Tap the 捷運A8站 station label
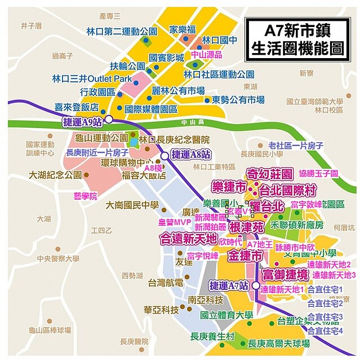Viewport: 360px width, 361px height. [x=190, y=154]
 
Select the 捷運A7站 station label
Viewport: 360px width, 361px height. [x=229, y=286]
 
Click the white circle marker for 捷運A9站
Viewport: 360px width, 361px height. [x=108, y=120]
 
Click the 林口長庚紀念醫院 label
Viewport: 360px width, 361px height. [x=174, y=139]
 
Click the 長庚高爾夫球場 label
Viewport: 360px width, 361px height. [x=279, y=343]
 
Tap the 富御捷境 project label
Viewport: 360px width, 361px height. [x=285, y=275]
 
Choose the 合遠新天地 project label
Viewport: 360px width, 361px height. [x=189, y=239]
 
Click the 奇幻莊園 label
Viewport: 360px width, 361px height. [x=271, y=174]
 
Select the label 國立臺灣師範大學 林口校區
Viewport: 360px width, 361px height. [x=314, y=105]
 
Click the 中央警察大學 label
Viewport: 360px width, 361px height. [x=57, y=259]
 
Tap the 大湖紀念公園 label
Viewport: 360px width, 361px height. [x=54, y=175]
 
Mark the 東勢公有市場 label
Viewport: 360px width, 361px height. [x=238, y=100]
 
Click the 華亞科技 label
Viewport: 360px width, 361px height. [x=161, y=310]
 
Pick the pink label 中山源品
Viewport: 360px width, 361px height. [x=207, y=55]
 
